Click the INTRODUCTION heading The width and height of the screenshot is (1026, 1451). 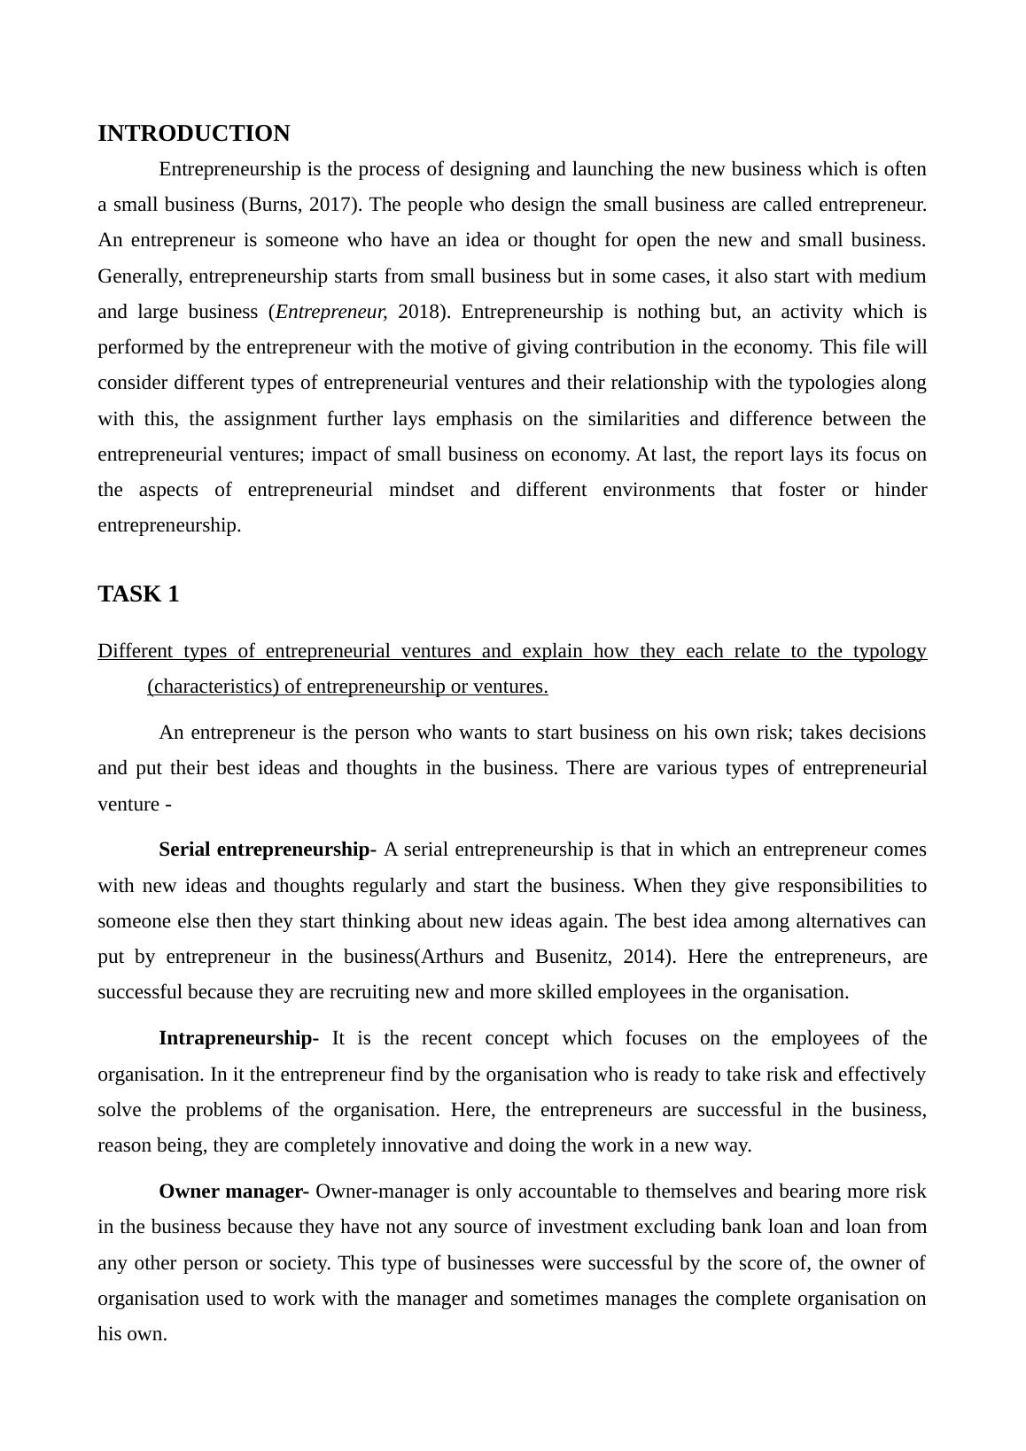coord(193,134)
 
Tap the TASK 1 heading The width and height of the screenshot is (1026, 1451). coord(138,594)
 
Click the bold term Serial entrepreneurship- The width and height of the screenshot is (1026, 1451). coord(267,850)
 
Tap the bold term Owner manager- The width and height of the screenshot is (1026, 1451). coord(233,1191)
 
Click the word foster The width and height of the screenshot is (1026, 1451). coord(802,490)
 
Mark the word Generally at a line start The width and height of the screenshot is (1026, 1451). coord(140,276)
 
